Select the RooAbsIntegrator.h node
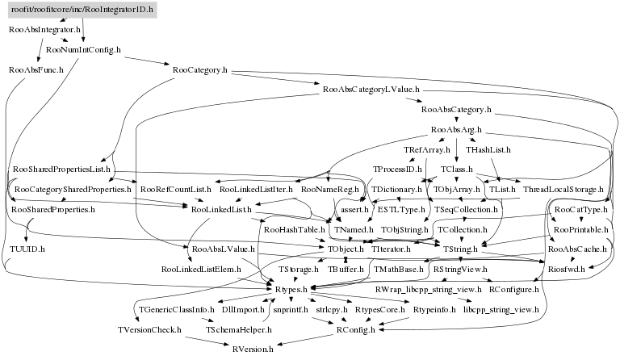[x=44, y=29]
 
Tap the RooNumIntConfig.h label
[x=83, y=50]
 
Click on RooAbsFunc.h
[x=31, y=70]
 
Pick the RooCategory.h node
[x=199, y=70]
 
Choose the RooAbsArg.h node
[x=457, y=129]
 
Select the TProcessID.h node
[x=394, y=170]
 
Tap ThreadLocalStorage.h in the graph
[x=563, y=189]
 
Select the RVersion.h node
[x=253, y=349]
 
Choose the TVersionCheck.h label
[x=148, y=329]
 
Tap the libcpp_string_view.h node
[x=501, y=309]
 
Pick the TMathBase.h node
[x=399, y=269]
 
